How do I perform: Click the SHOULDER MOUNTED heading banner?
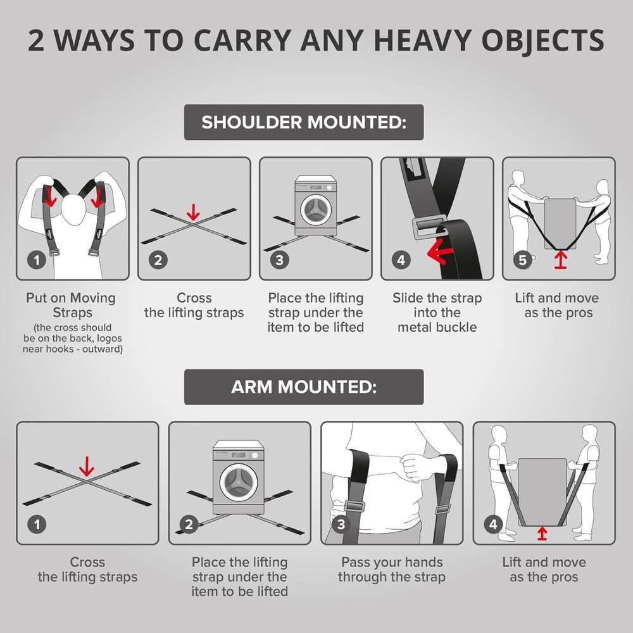(304, 122)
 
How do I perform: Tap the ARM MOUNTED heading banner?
(304, 387)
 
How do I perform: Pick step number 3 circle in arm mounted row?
(341, 524)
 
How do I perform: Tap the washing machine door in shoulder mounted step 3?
(316, 210)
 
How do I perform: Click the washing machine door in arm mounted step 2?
(239, 482)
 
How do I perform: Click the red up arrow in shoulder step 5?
(560, 260)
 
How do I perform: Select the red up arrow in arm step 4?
(542, 534)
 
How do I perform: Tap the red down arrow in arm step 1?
(86, 467)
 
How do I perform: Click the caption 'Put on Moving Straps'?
(70, 305)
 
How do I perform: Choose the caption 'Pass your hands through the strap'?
(391, 569)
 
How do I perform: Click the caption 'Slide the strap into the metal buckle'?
(437, 312)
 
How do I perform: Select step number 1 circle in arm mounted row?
(37, 524)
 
